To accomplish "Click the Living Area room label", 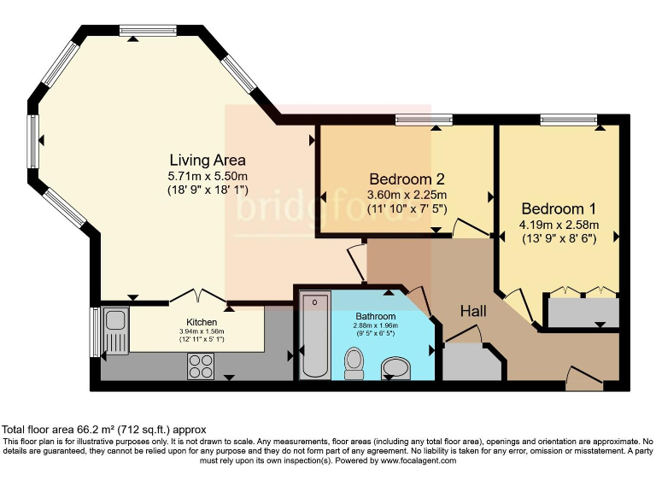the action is pyautogui.click(x=208, y=160).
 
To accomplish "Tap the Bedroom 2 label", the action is pyautogui.click(x=407, y=179).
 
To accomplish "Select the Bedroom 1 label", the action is pyautogui.click(x=559, y=208).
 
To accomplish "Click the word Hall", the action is pyautogui.click(x=473, y=311).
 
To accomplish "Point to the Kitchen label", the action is pyautogui.click(x=202, y=322).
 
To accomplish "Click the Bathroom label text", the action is pyautogui.click(x=375, y=316).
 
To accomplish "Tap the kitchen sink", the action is pyautogui.click(x=114, y=331).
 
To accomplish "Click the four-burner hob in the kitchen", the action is pyautogui.click(x=201, y=366).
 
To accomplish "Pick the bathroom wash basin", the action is pyautogui.click(x=395, y=368).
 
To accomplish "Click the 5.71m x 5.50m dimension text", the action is pyautogui.click(x=208, y=176).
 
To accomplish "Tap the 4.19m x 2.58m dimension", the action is pyautogui.click(x=559, y=225).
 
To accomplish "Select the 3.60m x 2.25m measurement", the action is pyautogui.click(x=407, y=195).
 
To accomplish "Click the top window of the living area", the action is pyautogui.click(x=147, y=30).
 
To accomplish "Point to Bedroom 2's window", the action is pyautogui.click(x=425, y=120).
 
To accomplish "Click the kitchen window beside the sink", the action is pyautogui.click(x=96, y=332).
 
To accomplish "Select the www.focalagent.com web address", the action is pyautogui.click(x=419, y=460).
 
